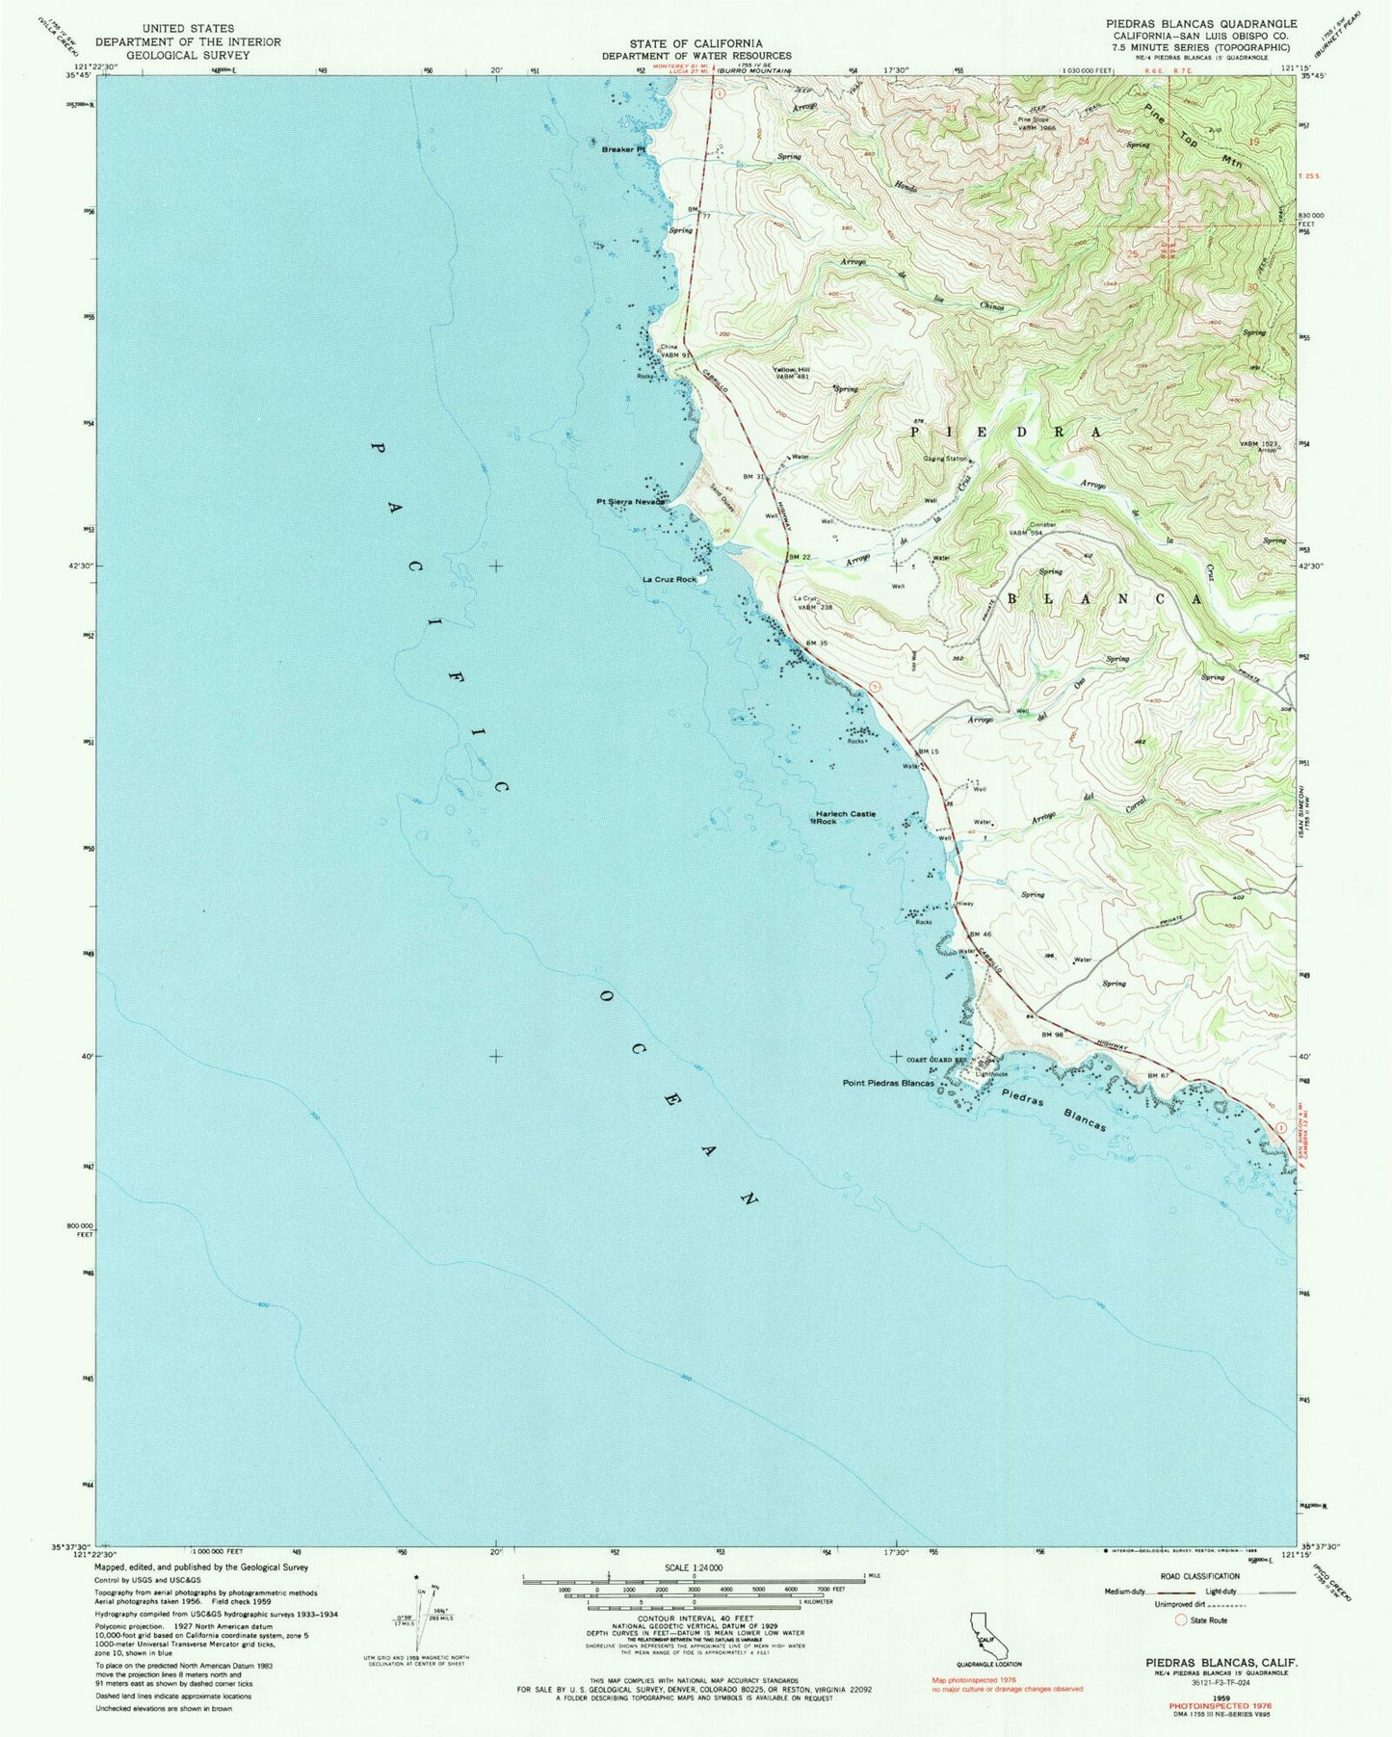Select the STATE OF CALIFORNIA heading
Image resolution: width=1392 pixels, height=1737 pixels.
pyautogui.click(x=696, y=43)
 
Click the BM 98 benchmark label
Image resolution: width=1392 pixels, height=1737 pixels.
pyautogui.click(x=1052, y=1033)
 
